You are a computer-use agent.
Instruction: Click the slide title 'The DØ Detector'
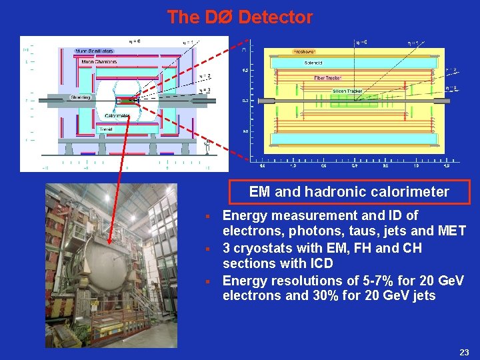point(240,17)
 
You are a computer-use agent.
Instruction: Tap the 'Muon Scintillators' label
point(94,51)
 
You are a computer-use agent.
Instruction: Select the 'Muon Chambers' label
point(99,62)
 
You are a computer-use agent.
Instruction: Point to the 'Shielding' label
point(80,98)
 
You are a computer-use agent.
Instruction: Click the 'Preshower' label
point(304,52)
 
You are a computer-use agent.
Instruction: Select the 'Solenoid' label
point(313,63)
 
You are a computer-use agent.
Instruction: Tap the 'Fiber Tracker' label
point(328,78)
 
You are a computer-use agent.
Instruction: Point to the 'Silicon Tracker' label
point(347,91)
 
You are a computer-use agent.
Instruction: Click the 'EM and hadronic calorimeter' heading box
point(349,192)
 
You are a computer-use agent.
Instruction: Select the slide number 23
point(465,351)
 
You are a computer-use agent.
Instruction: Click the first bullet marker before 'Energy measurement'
point(209,217)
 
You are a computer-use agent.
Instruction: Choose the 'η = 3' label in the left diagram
point(205,91)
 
